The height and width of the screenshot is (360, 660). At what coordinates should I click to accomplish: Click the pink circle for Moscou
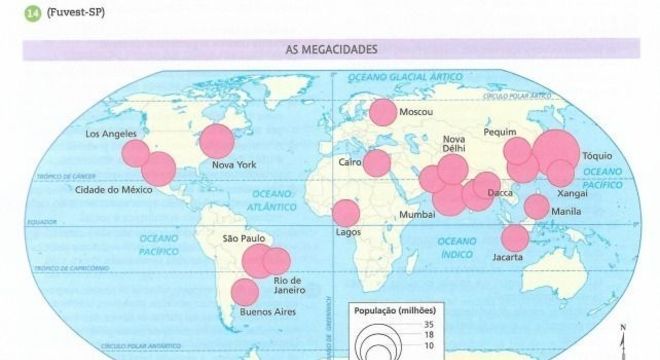pyautogui.click(x=381, y=113)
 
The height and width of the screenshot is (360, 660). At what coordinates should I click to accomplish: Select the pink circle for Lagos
pyautogui.click(x=346, y=213)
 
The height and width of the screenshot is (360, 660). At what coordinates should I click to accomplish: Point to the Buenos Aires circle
pyautogui.click(x=243, y=293)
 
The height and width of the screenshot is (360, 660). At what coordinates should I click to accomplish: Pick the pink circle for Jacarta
pyautogui.click(x=515, y=238)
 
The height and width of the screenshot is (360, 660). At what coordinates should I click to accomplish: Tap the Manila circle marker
pyautogui.click(x=537, y=206)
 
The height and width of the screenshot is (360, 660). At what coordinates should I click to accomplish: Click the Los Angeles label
pyautogui.click(x=109, y=134)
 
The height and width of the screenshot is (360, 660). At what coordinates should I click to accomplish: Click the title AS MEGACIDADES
pyautogui.click(x=329, y=48)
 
